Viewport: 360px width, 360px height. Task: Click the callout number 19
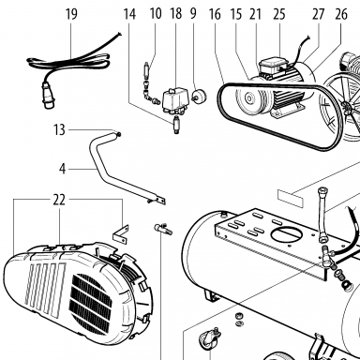[71, 14]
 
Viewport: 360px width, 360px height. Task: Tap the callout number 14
[129, 14]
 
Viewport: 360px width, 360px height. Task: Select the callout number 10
[156, 14]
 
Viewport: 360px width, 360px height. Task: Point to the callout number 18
[176, 14]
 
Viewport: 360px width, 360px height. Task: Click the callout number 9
[193, 13]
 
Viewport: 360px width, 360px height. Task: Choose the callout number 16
[215, 14]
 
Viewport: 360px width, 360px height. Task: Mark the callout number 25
[279, 14]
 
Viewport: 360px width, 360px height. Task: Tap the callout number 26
[341, 14]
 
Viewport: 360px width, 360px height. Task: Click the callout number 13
[59, 129]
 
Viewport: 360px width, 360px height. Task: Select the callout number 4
[63, 169]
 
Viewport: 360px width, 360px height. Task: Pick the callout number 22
[59, 200]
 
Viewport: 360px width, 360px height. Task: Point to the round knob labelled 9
[199, 96]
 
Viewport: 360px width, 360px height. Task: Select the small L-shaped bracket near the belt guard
[121, 233]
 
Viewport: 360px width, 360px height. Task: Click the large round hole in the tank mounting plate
[287, 233]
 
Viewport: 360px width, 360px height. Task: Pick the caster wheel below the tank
[210, 339]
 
